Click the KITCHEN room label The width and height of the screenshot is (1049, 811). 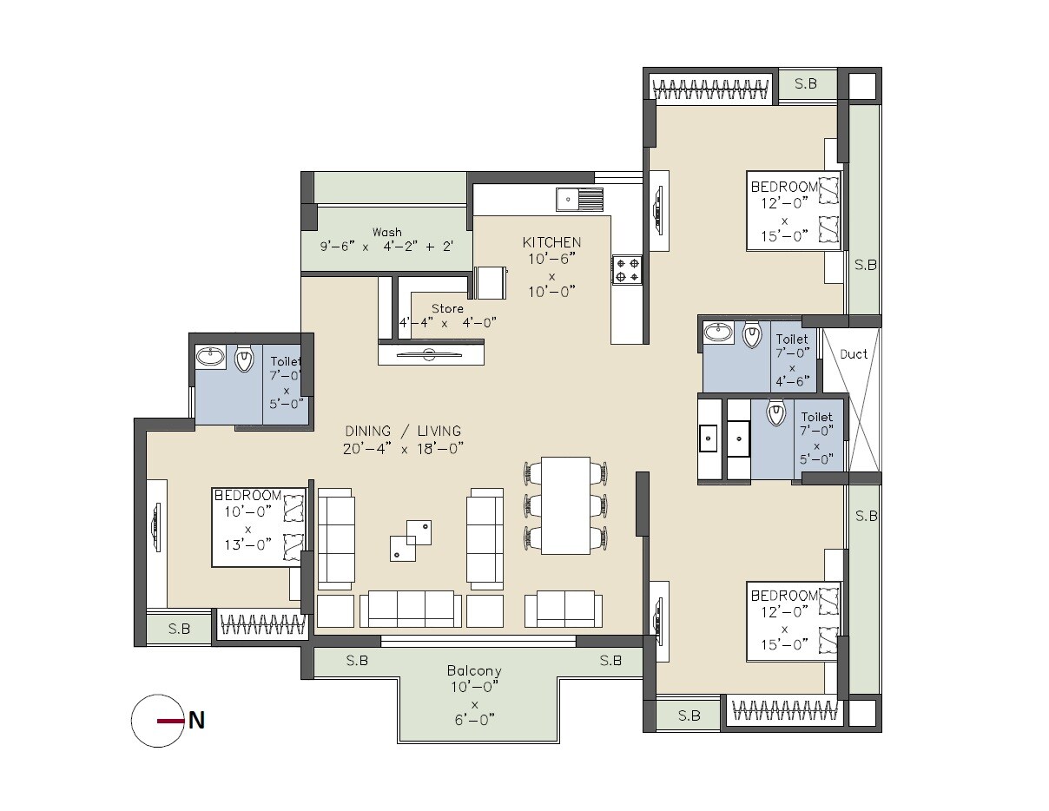click(551, 242)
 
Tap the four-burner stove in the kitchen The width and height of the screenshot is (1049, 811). click(627, 269)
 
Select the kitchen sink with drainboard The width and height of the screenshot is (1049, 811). click(578, 200)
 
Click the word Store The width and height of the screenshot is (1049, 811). click(447, 308)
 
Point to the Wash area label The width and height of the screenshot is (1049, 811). click(386, 232)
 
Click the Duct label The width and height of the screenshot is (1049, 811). click(853, 354)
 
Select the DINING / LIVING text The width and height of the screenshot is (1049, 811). click(403, 431)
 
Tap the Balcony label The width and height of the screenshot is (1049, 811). click(474, 671)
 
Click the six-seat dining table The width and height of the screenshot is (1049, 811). click(565, 504)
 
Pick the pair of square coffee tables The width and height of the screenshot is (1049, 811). click(410, 540)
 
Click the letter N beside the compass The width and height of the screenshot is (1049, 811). click(197, 721)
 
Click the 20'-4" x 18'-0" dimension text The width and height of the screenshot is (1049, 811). click(403, 448)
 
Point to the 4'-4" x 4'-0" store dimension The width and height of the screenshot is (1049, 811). click(447, 323)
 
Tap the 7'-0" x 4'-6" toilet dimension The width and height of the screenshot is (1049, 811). click(792, 366)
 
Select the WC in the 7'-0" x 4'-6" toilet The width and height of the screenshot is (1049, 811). click(752, 334)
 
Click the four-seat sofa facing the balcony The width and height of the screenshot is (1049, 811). click(410, 608)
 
